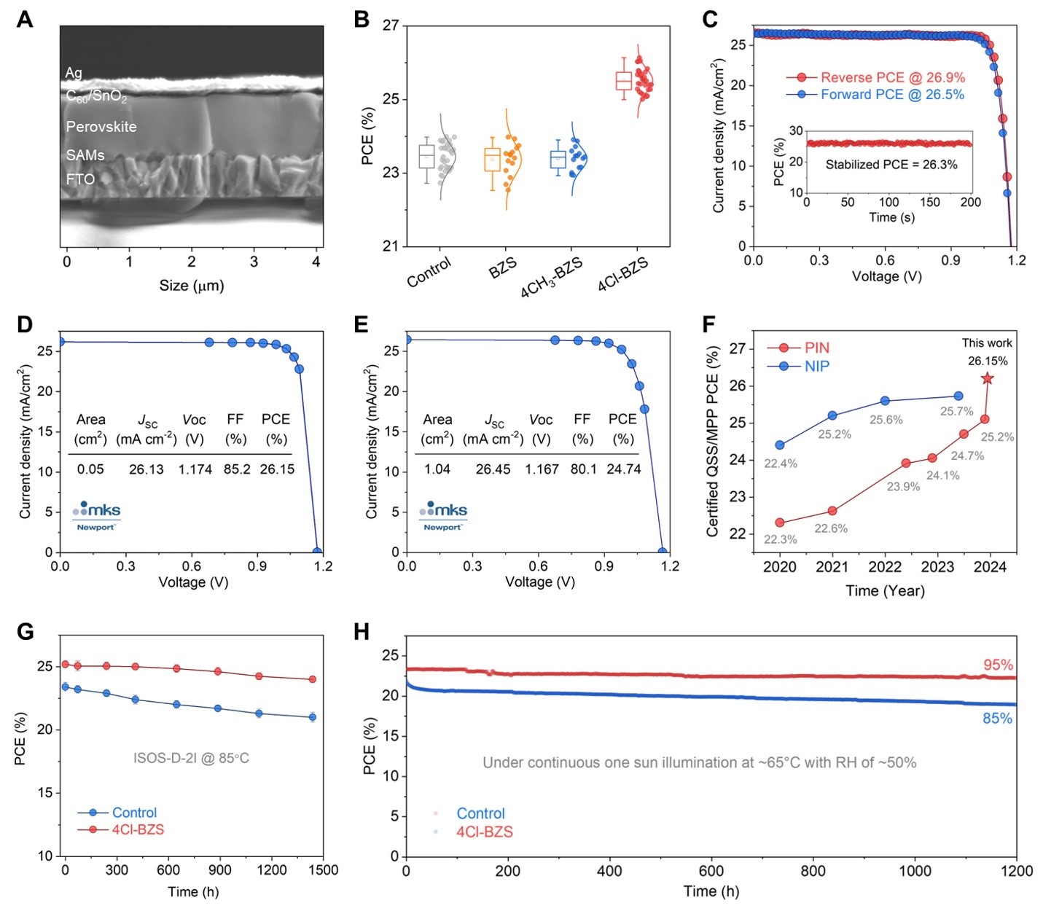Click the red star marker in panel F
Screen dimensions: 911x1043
(x=988, y=378)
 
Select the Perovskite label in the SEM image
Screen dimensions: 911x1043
(x=101, y=127)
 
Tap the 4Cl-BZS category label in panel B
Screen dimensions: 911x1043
(x=623, y=274)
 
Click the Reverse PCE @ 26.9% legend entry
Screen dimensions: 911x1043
(x=892, y=77)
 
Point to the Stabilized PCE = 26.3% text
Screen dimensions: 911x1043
(x=891, y=165)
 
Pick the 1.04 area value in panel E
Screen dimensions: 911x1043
(x=437, y=469)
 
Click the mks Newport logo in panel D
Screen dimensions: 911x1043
(x=96, y=515)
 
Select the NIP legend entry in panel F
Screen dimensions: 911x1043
(x=816, y=366)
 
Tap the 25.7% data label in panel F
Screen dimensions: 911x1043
(x=956, y=412)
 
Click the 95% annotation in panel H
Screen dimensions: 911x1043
(x=998, y=665)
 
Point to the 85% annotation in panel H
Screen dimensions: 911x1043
(x=997, y=719)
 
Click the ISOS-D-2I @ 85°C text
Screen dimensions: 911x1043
(x=191, y=759)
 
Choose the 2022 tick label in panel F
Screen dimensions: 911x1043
(x=885, y=567)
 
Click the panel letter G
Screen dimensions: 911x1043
(x=26, y=631)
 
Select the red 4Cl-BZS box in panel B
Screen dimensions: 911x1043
(x=623, y=81)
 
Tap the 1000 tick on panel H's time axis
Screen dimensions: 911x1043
(x=915, y=871)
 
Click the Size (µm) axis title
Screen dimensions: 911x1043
(x=192, y=286)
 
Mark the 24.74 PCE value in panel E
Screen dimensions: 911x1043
(x=624, y=469)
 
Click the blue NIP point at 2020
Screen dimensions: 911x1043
(x=780, y=445)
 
